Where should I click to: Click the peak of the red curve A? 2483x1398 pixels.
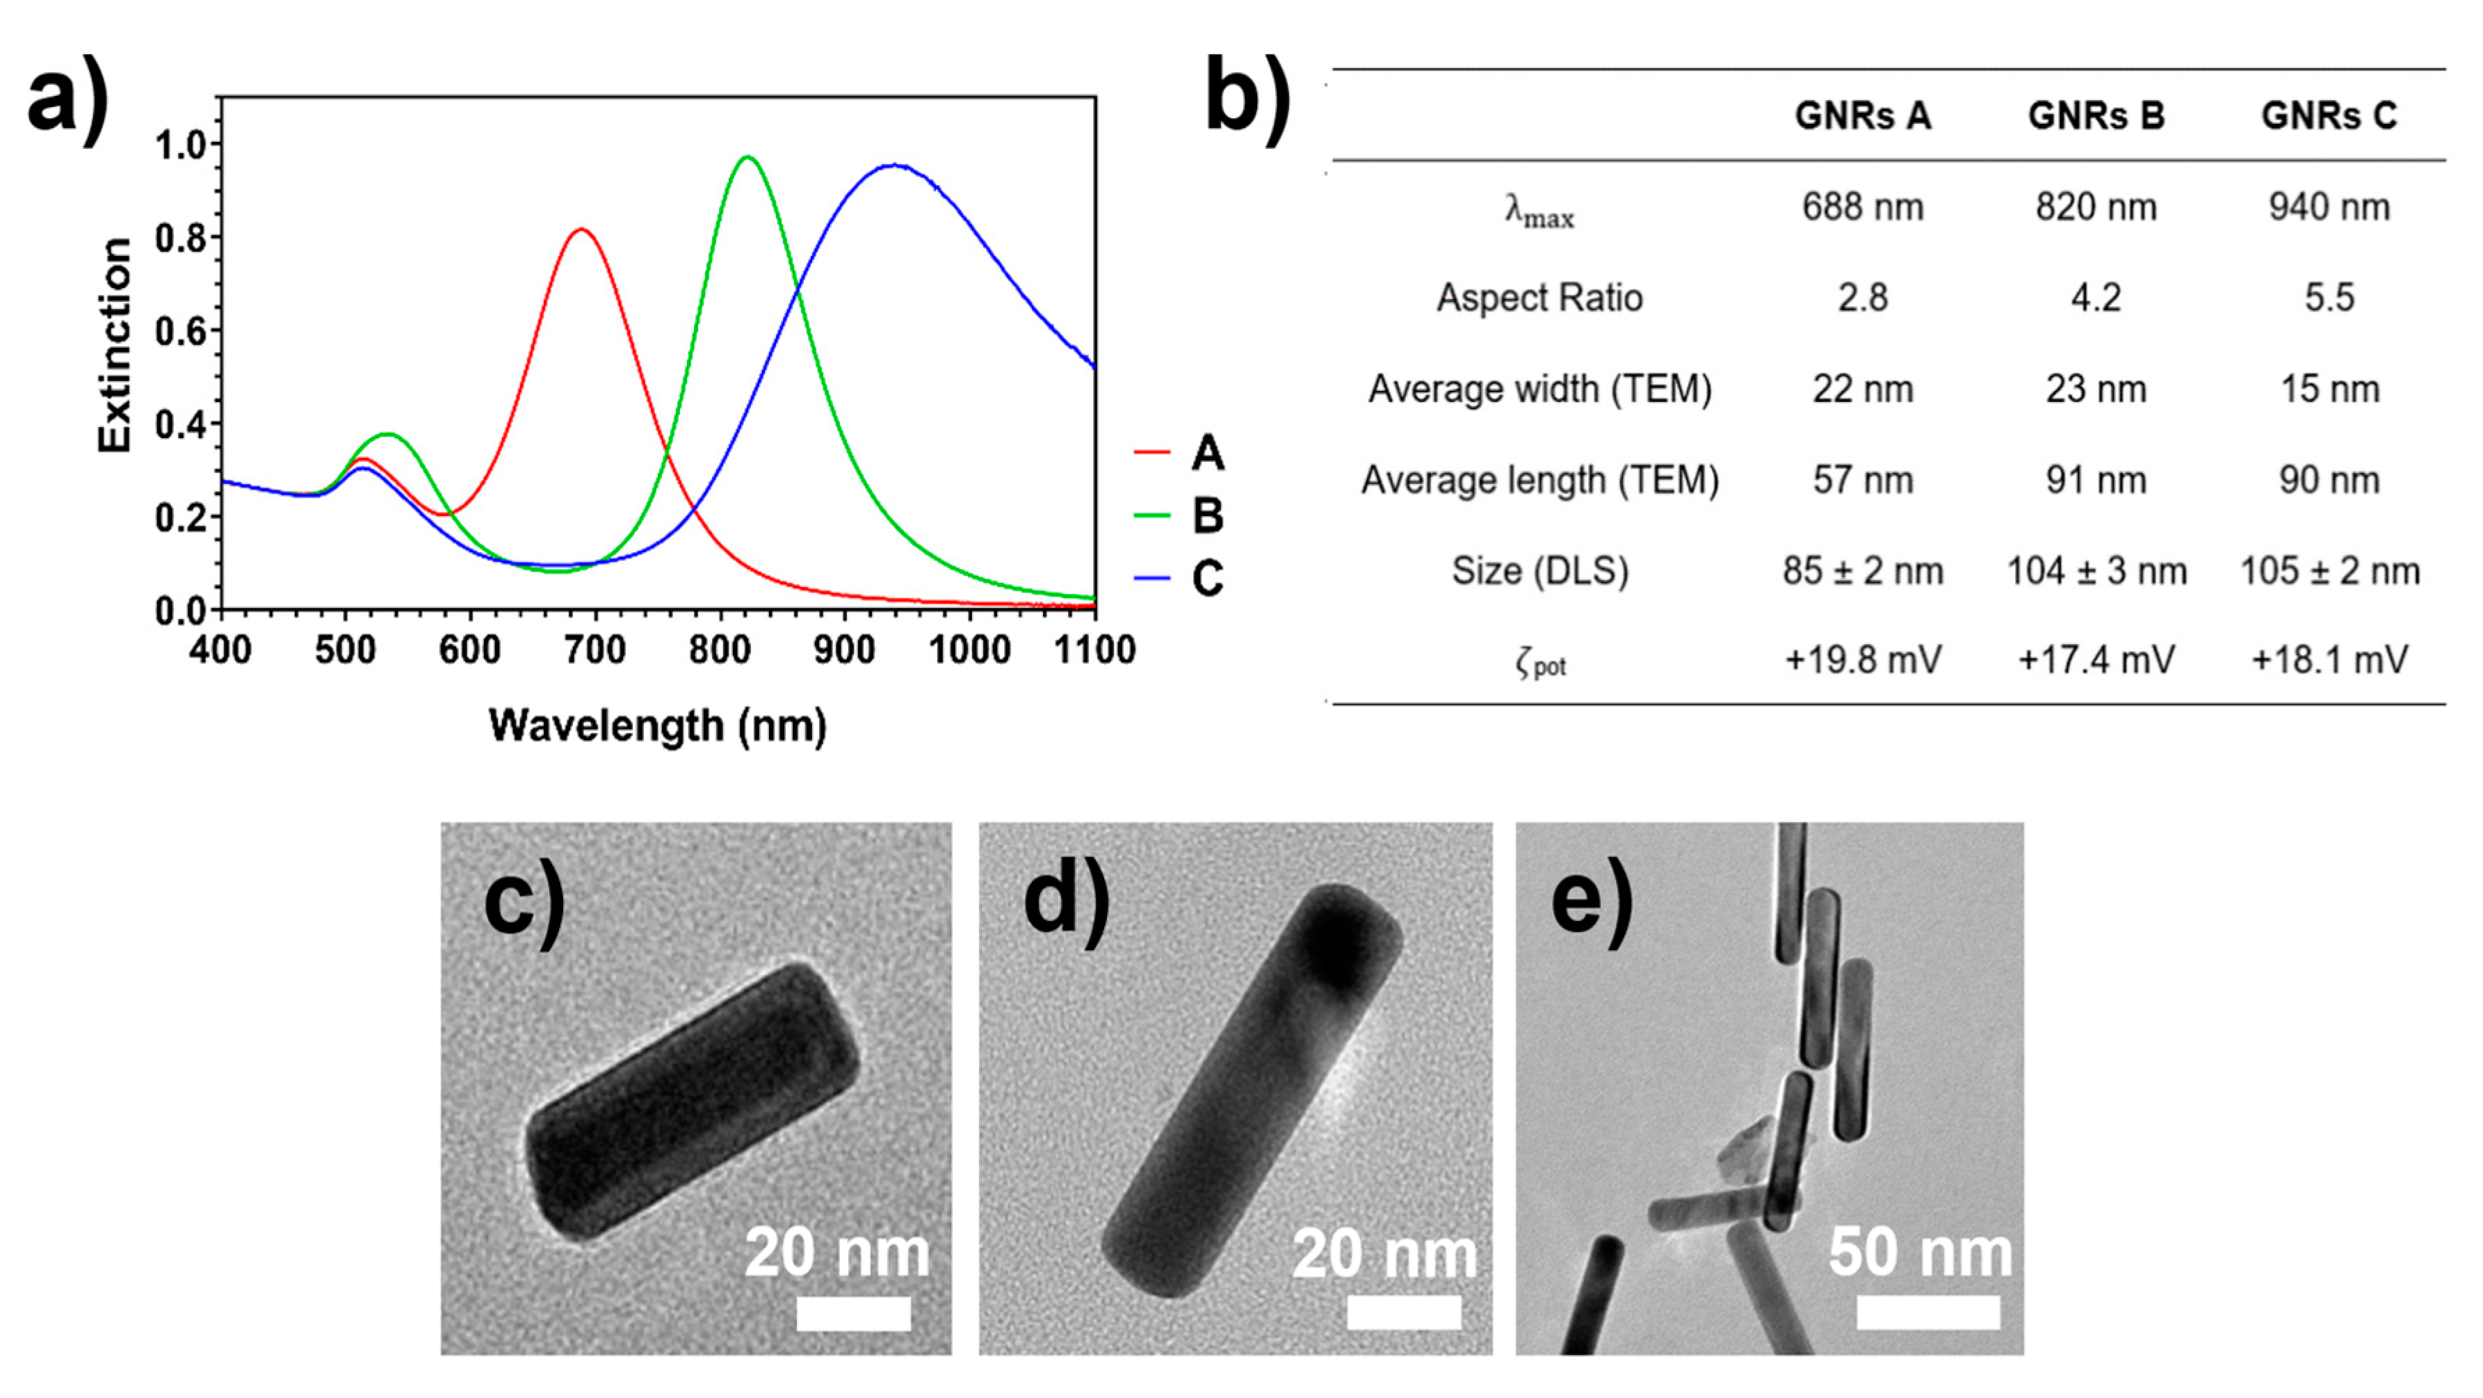581,230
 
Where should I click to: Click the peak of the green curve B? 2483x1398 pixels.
747,156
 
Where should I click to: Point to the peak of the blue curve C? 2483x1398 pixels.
896,165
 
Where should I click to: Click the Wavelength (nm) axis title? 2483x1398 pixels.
657,726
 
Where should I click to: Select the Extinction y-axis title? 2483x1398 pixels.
115,345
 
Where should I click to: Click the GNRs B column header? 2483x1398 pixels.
2096,115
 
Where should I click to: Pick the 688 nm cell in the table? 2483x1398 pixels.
1862,207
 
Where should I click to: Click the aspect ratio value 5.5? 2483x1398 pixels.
2329,298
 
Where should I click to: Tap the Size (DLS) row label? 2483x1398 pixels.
1539,571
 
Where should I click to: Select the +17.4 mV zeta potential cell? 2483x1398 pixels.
2096,661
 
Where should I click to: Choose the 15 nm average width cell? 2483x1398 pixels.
2329,389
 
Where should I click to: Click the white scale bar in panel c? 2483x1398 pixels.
853,1313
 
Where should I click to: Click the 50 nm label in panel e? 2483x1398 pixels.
1920,1253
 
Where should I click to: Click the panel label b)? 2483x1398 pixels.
1247,97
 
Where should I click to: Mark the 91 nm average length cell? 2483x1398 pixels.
2096,480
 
